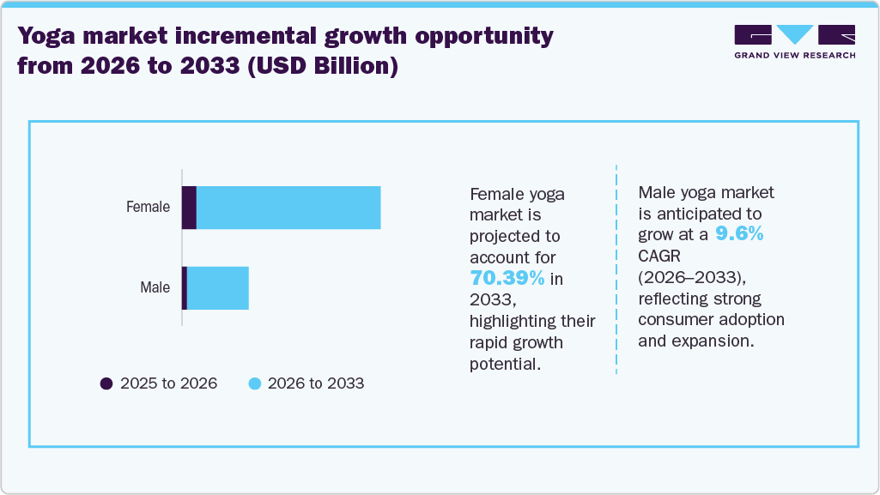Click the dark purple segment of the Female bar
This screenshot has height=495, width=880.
tap(189, 207)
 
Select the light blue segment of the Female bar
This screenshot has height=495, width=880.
tap(288, 207)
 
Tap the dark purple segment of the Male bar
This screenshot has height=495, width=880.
tap(184, 287)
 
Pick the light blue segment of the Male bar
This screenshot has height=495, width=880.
tap(217, 287)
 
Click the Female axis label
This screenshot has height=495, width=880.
tap(148, 207)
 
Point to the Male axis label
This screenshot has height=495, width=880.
tap(155, 287)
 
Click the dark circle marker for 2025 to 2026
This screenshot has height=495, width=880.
tap(106, 383)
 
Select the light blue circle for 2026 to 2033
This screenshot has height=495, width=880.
tap(254, 383)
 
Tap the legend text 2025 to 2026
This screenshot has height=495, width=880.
tap(168, 383)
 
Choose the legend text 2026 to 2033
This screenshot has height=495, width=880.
tap(316, 383)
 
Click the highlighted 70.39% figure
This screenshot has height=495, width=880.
tap(507, 278)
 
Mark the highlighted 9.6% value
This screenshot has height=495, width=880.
tap(739, 234)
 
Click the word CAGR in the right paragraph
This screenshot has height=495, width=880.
tap(659, 256)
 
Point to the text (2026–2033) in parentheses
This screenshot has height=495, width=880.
tap(692, 277)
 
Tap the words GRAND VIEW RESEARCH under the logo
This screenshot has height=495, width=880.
tap(794, 55)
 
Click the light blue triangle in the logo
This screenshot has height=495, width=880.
tap(795, 33)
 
